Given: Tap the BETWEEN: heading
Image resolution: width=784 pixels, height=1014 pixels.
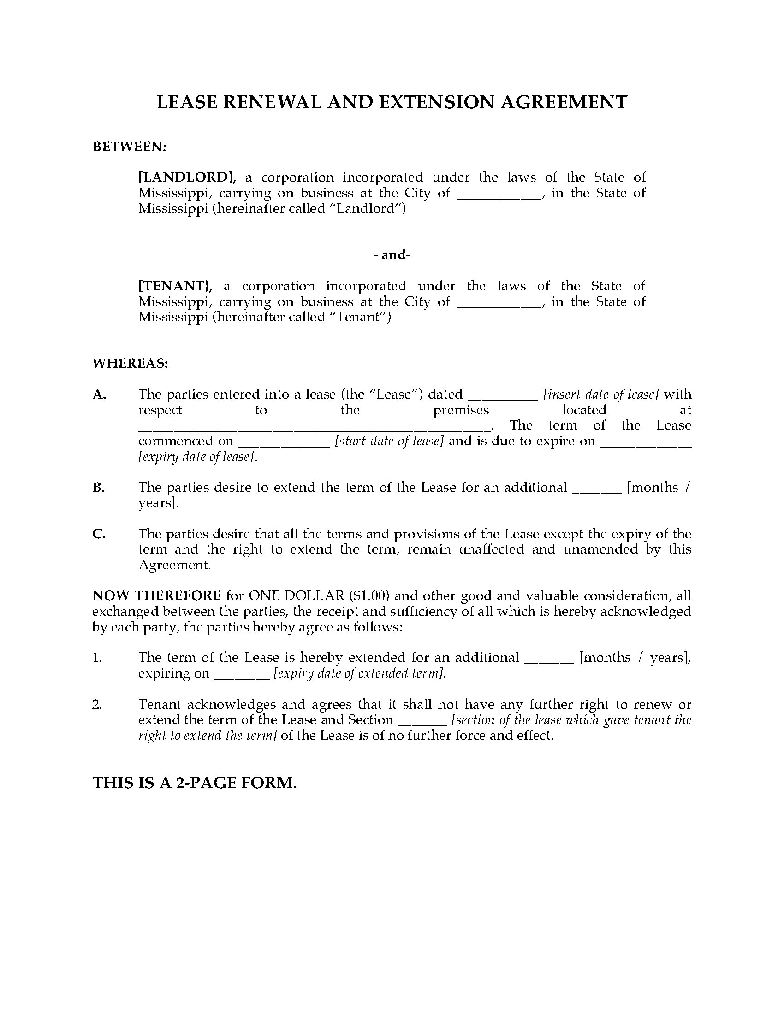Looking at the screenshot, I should coord(130,147).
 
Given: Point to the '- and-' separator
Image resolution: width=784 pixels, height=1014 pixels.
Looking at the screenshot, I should coord(392,255).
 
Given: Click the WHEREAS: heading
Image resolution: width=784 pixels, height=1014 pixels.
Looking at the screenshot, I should coord(131,364).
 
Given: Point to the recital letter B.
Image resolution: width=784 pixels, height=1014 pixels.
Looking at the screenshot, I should coord(99,488).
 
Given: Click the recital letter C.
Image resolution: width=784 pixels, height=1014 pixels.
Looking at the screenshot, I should coord(99,534).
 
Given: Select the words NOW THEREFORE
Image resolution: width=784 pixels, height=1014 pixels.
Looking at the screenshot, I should coord(157,595).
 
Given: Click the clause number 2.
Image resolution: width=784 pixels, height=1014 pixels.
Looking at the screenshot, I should coord(97,705).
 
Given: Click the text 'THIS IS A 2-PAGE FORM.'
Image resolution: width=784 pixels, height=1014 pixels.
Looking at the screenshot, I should coord(195,783).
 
